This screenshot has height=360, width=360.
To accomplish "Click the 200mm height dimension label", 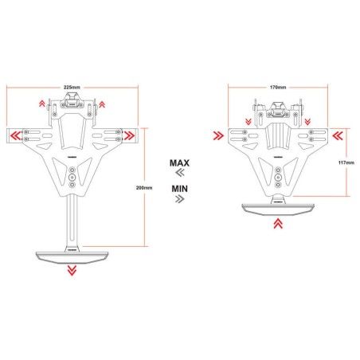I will click(144, 188).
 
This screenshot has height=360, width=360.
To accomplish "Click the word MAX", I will click(179, 162).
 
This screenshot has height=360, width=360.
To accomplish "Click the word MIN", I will click(179, 189).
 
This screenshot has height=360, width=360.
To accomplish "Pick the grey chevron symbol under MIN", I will click(179, 200).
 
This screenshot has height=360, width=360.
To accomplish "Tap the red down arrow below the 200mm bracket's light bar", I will click(72, 270).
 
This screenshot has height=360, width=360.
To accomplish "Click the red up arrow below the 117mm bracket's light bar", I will click(278, 225).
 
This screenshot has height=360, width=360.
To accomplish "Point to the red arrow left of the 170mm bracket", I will click(217, 136).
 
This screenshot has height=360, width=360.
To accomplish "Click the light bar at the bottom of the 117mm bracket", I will click(277, 208).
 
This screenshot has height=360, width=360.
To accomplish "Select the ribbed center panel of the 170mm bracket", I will click(278, 137).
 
